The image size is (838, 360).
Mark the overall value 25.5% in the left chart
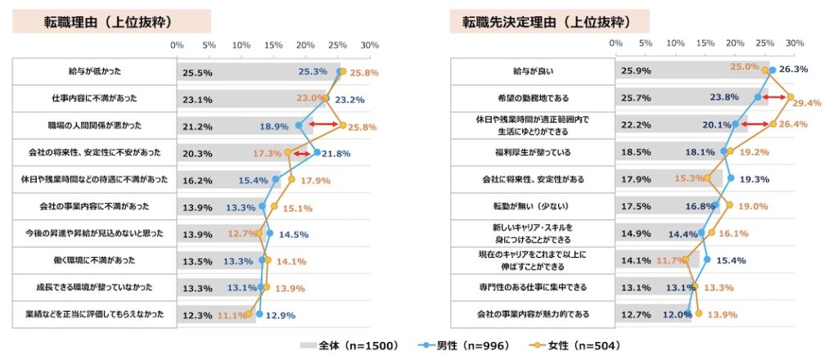[197, 73]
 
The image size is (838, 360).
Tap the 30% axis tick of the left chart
[370, 45]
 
